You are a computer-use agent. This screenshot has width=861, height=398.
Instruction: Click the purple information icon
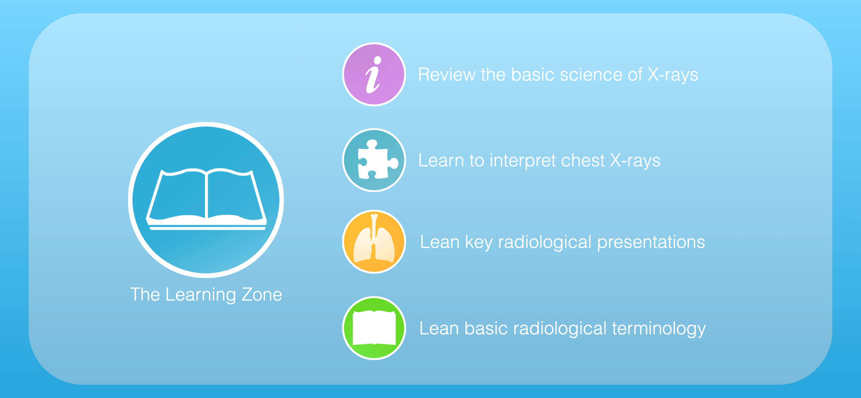coord(374,74)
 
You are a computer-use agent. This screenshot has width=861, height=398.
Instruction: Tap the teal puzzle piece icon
coord(374,160)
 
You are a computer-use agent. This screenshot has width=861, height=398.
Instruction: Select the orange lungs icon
coord(374,241)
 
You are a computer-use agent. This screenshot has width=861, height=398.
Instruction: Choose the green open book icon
coord(374,328)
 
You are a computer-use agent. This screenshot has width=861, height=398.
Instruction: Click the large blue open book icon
coord(206,200)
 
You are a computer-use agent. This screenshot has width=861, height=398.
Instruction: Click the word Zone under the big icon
coord(262,294)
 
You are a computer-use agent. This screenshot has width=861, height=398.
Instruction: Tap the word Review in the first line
coord(447,74)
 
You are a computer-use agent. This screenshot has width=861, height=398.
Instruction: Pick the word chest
coord(583,160)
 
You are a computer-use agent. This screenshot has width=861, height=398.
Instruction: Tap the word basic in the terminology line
coord(485,328)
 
